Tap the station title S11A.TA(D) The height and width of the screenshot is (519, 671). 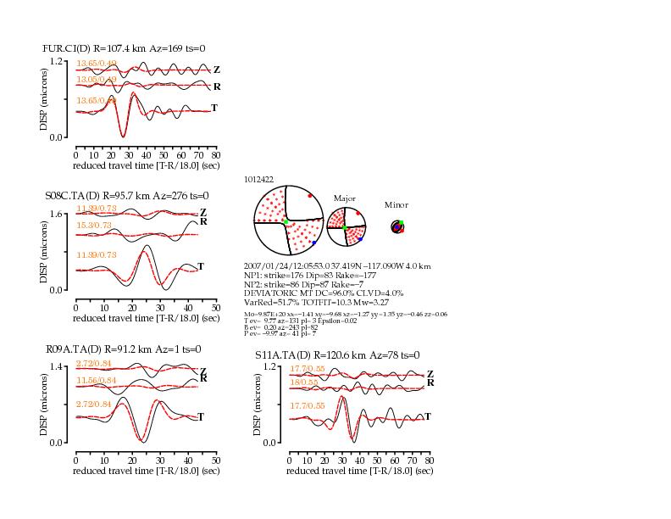tap(284, 355)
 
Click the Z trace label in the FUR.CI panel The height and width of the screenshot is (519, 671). tap(217, 70)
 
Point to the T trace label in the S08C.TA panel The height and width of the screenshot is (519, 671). tap(201, 267)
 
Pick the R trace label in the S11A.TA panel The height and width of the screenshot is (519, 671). tap(430, 383)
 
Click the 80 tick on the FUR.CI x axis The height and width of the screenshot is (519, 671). tap(216, 155)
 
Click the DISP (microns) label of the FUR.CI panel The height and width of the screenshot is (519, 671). tap(43, 99)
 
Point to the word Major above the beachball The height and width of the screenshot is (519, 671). tap(345, 198)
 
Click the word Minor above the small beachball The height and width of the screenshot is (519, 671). tap(396, 204)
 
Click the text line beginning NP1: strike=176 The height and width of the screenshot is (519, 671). tap(304, 275)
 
